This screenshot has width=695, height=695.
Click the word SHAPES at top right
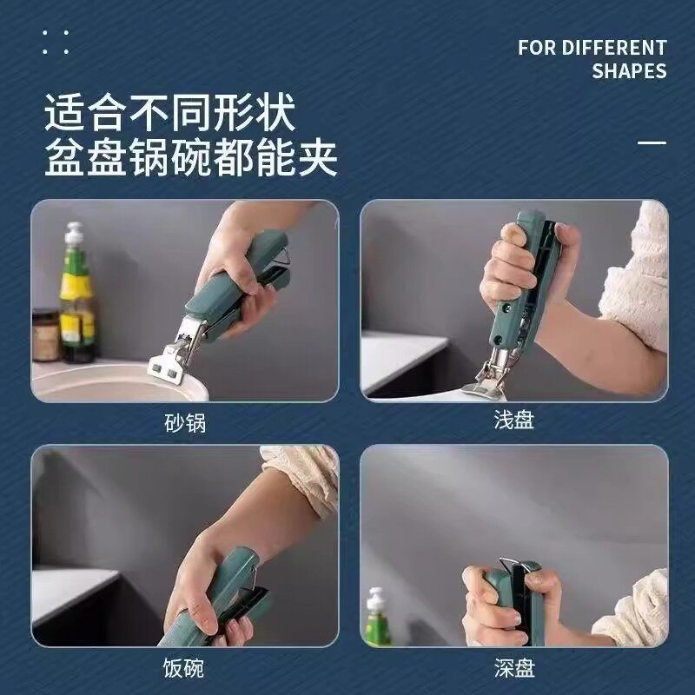629,71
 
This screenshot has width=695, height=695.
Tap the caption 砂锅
185,423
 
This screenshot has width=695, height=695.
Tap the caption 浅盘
513,420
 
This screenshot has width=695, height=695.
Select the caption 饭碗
183,668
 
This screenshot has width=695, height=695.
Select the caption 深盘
513,668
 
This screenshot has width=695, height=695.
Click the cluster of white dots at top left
55,42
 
